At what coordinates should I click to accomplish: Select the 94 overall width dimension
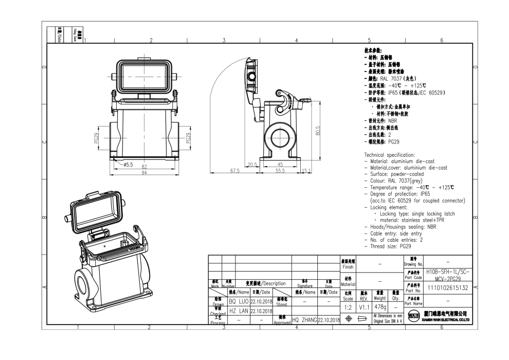tap(144, 172)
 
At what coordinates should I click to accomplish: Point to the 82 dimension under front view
tap(144, 167)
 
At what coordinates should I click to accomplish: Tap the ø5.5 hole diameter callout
tap(128, 165)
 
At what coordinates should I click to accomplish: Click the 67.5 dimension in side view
tap(235, 171)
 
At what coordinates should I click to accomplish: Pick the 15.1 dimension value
tap(306, 171)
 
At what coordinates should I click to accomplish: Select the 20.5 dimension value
tap(252, 165)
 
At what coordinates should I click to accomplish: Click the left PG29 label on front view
tap(96, 138)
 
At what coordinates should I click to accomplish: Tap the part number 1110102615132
tap(447, 288)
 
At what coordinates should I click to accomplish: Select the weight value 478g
tap(380, 307)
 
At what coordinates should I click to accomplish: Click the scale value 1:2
tap(348, 307)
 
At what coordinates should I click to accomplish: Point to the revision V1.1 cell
tap(364, 307)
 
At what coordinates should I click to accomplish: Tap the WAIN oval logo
tap(413, 314)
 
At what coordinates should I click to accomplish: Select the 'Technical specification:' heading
tap(389, 155)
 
